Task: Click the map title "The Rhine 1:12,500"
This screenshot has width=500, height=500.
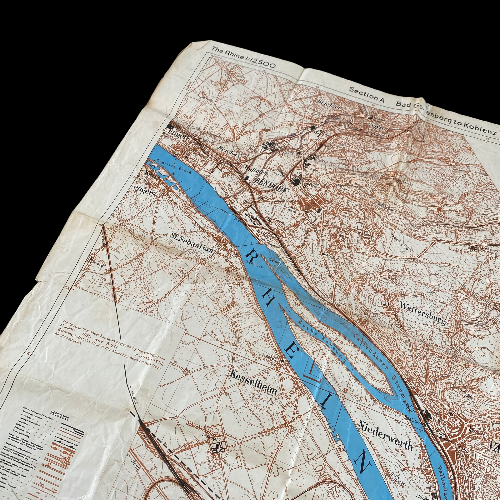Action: click(x=243, y=57)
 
